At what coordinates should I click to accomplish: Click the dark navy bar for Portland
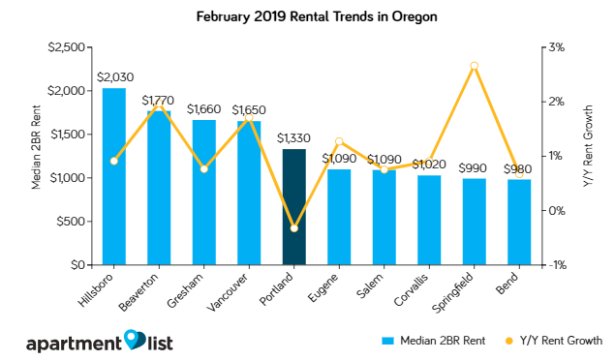pos(293,206)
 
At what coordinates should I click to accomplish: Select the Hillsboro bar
pos(113,176)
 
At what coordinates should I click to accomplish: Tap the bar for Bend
pos(518,222)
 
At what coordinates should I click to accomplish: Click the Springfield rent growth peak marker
pos(474,66)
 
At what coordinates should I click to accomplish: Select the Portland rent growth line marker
pos(293,228)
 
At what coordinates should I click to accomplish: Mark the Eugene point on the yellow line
pos(338,141)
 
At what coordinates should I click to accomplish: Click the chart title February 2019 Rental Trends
pos(307,16)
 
